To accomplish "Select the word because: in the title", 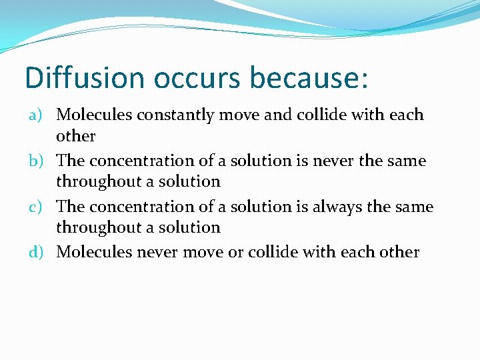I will click(309, 77).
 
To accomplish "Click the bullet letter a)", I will click(36, 115).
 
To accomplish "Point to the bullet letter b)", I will click(36, 161).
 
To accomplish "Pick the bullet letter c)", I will click(36, 207).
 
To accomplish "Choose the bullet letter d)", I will click(36, 253).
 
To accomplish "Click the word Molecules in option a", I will click(94, 115).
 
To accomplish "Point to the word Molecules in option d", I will click(94, 252).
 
